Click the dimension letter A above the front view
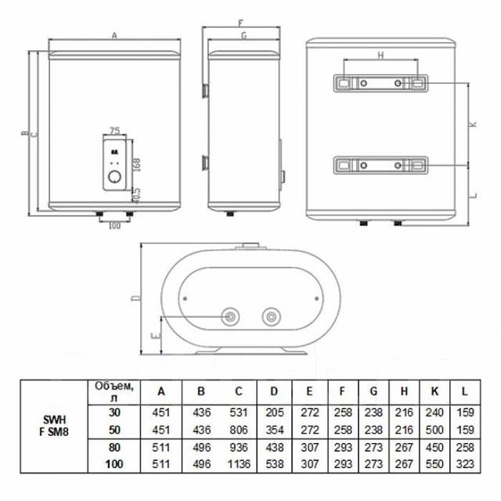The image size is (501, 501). [x=114, y=35]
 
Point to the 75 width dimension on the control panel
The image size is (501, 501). [x=115, y=130]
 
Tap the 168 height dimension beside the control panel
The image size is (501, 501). [x=135, y=164]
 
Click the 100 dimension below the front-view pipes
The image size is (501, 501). [x=115, y=226]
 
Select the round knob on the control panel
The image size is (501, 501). [x=115, y=178]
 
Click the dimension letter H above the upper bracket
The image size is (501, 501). [x=380, y=56]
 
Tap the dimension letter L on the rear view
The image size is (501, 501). [x=474, y=193]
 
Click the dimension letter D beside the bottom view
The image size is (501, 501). [x=134, y=298]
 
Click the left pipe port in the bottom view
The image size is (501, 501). [x=232, y=316]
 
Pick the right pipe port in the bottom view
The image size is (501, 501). [x=271, y=316]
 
